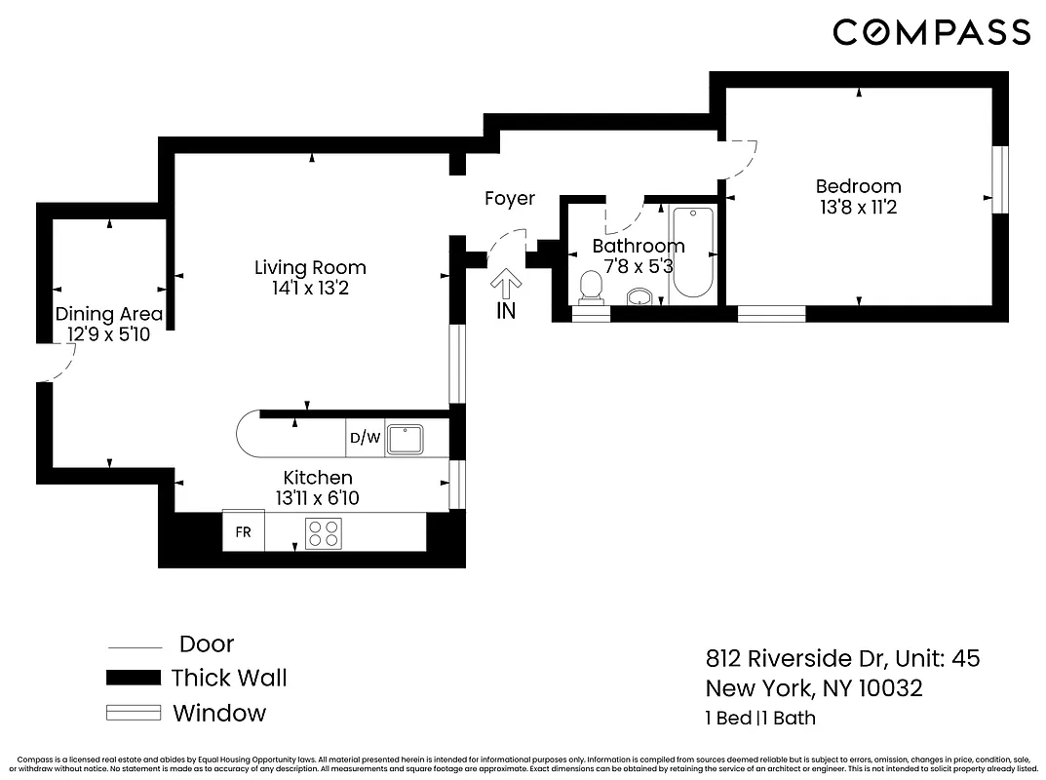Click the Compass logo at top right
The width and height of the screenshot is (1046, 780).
click(x=931, y=32)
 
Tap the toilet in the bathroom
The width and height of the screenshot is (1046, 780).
click(x=591, y=287)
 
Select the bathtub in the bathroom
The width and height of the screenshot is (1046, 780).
click(x=694, y=253)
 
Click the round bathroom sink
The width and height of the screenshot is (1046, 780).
click(x=639, y=296)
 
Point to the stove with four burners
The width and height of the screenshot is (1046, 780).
click(x=324, y=533)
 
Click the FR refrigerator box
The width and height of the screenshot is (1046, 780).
click(x=243, y=532)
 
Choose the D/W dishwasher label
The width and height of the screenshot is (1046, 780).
click(x=366, y=439)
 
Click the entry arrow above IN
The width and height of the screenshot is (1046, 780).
click(x=505, y=285)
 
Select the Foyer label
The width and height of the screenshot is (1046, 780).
click(x=510, y=199)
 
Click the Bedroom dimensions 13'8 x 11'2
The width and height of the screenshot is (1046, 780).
click(x=858, y=208)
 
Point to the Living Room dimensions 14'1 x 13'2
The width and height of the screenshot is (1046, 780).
click(x=310, y=289)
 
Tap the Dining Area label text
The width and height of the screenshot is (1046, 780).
click(x=108, y=314)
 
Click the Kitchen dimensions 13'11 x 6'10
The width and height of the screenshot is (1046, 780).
click(x=318, y=498)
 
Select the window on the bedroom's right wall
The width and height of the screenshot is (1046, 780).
click(x=998, y=179)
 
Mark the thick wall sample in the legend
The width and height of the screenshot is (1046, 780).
click(x=133, y=678)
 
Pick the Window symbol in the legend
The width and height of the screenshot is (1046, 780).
click(x=133, y=713)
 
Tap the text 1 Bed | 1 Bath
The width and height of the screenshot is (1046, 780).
click(x=760, y=719)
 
